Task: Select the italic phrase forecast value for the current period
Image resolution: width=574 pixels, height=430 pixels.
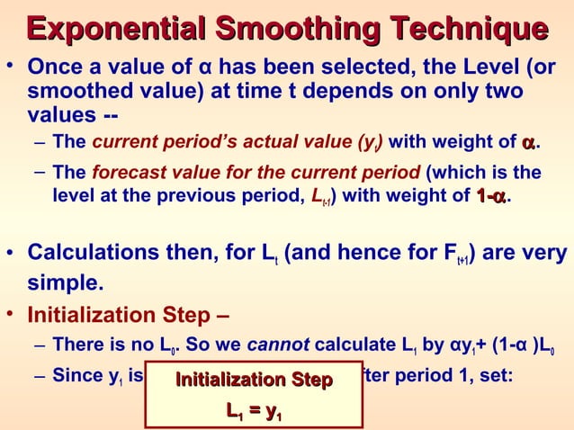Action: click(x=255, y=172)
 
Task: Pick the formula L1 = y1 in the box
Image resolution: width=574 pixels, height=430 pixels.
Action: click(x=254, y=412)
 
